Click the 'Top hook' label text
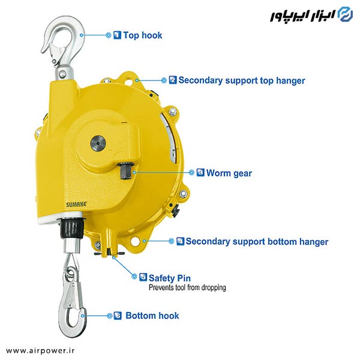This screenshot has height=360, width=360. (143, 35)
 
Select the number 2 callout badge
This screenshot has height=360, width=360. (173, 80)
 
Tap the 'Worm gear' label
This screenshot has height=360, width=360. (229, 173)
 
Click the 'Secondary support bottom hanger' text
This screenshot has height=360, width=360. (257, 242)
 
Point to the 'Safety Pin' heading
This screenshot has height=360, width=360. (170, 278)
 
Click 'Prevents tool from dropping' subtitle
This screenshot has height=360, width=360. (187, 287)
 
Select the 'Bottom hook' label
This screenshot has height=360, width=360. (152, 316)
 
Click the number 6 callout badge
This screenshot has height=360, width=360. (118, 316)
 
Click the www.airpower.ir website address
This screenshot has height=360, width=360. (40, 350)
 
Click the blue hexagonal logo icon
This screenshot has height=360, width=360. (346, 14)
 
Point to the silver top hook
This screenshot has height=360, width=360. (62, 47)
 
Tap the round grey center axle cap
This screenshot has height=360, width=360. (98, 143)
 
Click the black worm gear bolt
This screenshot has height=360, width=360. (125, 170)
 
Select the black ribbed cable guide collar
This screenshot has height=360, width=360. (71, 228)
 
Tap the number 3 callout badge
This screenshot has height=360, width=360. (200, 172)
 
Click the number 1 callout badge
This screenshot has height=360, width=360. (118, 35)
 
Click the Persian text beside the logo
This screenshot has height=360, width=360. (303, 16)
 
